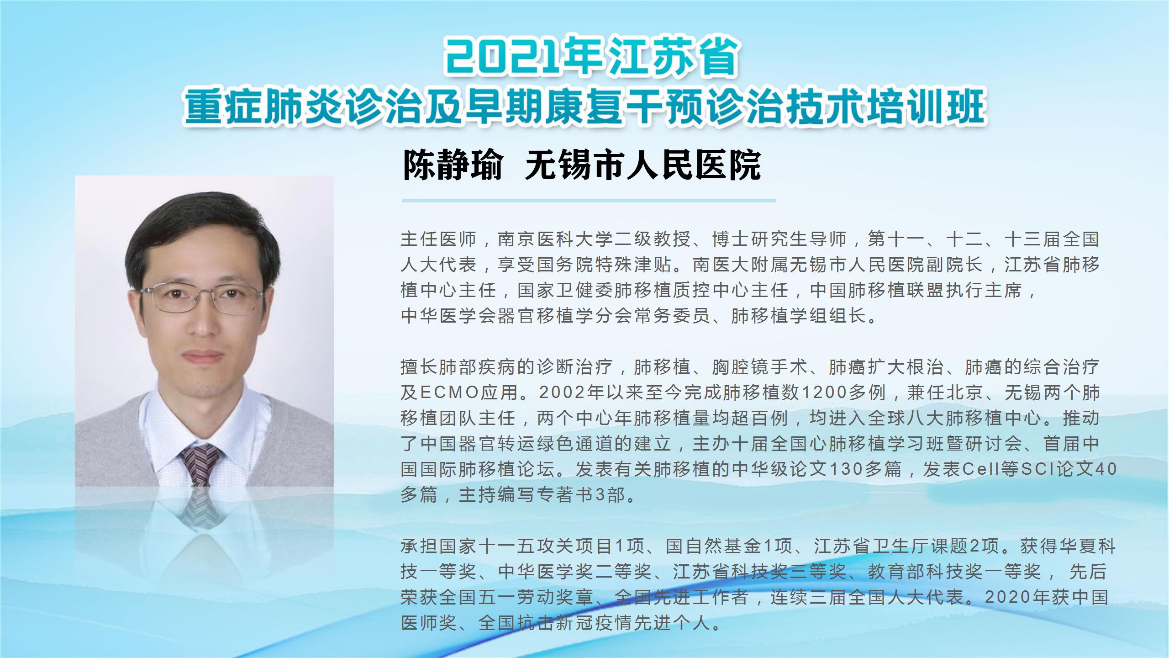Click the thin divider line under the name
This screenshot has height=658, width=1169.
pyautogui.click(x=589, y=201)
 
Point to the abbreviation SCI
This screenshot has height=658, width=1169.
pyautogui.click(x=1037, y=469)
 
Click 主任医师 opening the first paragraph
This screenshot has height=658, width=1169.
pyautogui.click(x=438, y=239)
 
